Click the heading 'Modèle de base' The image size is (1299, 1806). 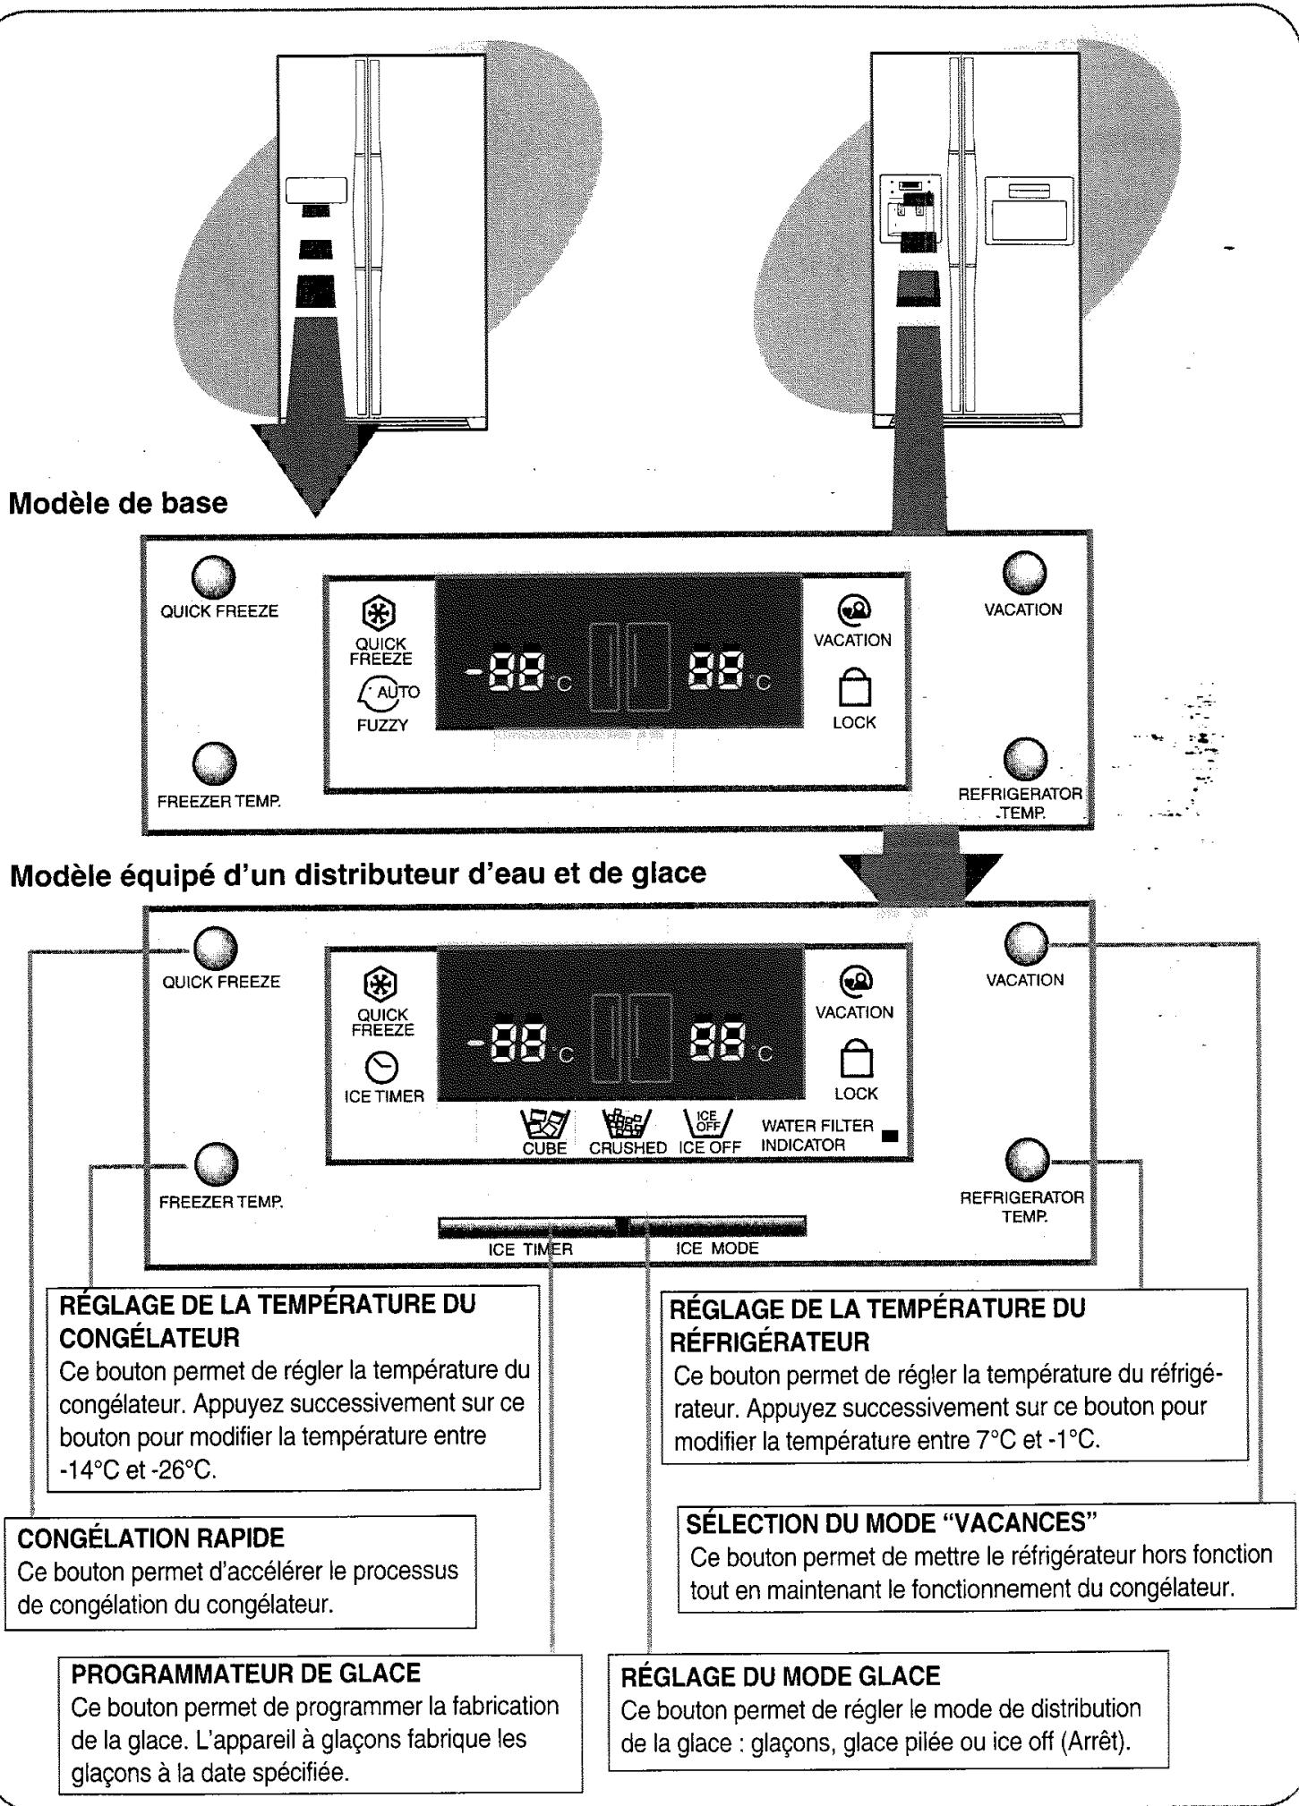(x=117, y=503)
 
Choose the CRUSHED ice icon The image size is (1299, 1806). (x=627, y=1123)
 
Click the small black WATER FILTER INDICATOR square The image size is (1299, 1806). (x=889, y=1137)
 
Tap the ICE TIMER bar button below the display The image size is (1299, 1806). (x=528, y=1225)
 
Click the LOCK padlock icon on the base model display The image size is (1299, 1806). (x=853, y=689)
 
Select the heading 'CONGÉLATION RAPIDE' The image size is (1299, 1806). (x=150, y=1538)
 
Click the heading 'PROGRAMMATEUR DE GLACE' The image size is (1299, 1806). (x=245, y=1673)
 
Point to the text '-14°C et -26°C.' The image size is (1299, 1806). (x=137, y=1470)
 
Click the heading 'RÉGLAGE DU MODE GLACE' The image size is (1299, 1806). (x=780, y=1676)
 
